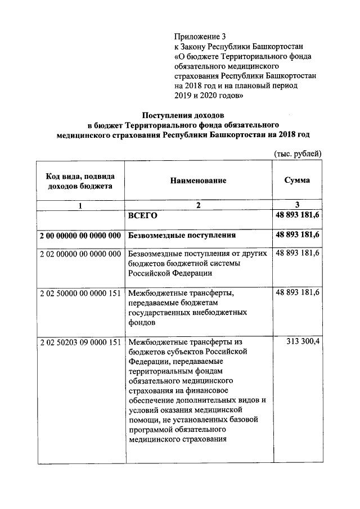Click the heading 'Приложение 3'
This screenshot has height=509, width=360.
[200, 37]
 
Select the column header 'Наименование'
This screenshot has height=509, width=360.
[197, 181]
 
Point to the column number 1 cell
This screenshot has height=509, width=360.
[80, 206]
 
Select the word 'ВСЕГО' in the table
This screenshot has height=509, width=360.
[142, 216]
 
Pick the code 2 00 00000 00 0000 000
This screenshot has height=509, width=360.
[80, 235]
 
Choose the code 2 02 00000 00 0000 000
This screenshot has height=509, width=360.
[80, 254]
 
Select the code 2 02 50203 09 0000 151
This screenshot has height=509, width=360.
[80, 342]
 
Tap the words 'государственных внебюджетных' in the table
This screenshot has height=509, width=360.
[188, 313]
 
